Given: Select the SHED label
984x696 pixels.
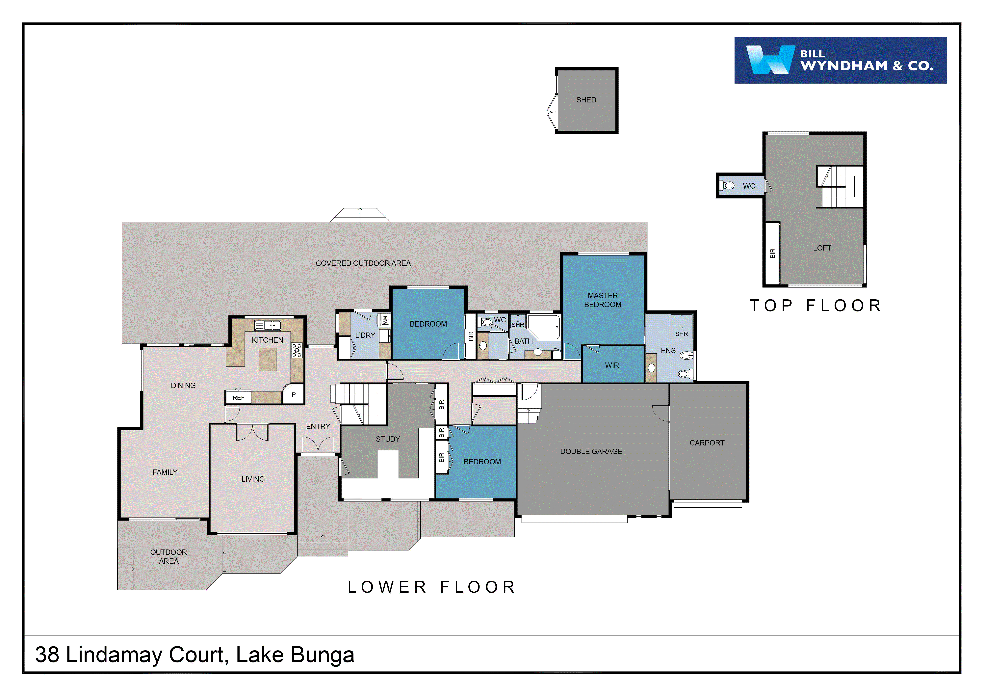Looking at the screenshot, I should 586,100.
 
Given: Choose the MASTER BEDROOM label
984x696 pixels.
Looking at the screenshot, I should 603,300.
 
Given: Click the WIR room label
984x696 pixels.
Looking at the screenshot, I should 611,365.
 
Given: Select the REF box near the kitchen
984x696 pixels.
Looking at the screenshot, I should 238,398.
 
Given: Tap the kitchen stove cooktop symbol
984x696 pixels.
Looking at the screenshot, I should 297,350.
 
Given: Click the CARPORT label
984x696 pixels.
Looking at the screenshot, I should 707,443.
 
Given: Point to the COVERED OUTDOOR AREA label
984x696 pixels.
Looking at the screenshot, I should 363,263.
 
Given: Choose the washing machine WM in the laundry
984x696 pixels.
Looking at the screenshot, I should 385,320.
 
